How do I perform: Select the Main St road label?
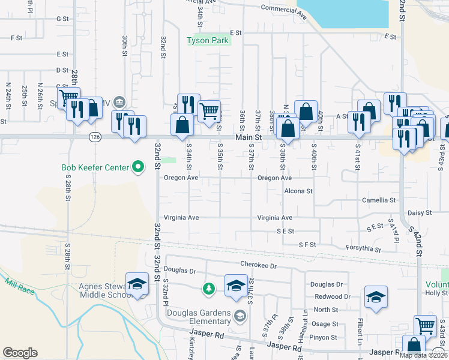(250, 137)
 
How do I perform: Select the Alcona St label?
(299, 191)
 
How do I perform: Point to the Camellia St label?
(379, 200)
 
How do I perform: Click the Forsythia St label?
(364, 248)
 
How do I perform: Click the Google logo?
(20, 353)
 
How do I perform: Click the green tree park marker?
(208, 289)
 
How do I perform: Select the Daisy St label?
(420, 212)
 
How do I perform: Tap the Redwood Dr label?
(331, 296)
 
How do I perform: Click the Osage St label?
(326, 323)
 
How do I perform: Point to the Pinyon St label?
(324, 338)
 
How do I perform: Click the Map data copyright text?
(423, 355)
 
